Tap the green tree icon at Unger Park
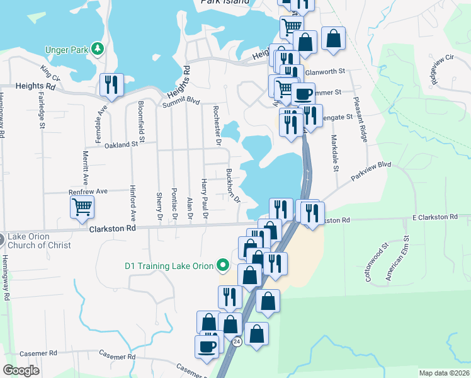tap(97, 49)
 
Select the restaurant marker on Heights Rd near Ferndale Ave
tap(111, 84)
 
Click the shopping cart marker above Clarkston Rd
tap(82, 207)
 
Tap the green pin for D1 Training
tap(222, 266)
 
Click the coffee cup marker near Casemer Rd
tap(207, 346)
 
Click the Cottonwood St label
tap(377, 261)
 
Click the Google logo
tap(21, 370)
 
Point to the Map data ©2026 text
tap(444, 373)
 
